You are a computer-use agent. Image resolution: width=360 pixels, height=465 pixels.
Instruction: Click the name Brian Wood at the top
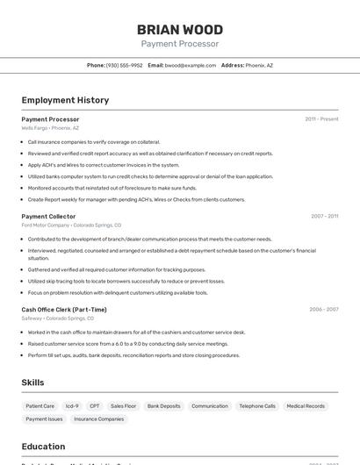pyautogui.click(x=180, y=30)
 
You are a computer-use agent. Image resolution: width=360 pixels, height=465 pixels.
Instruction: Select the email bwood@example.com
pyautogui.click(x=190, y=65)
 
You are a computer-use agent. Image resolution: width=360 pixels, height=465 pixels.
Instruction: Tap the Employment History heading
pyautogui.click(x=65, y=100)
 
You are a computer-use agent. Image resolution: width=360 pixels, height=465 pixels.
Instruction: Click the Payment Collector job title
pyautogui.click(x=48, y=216)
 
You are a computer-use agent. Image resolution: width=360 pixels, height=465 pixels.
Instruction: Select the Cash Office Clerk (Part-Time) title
pyautogui.click(x=64, y=309)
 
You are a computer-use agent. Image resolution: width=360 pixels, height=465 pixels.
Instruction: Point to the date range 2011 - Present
pyautogui.click(x=321, y=118)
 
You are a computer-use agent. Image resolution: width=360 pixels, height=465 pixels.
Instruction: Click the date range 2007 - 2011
pyautogui.click(x=324, y=216)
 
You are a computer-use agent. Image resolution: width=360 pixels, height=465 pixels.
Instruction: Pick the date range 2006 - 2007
pyautogui.click(x=323, y=309)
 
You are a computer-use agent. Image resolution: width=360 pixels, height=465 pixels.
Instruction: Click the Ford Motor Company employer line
pyautogui.click(x=71, y=225)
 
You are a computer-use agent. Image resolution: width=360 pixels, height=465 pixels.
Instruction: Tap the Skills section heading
pyautogui.click(x=32, y=383)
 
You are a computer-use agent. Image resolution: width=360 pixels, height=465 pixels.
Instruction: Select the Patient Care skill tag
pyautogui.click(x=40, y=406)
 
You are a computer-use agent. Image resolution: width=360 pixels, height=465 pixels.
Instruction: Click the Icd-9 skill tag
pyautogui.click(x=72, y=406)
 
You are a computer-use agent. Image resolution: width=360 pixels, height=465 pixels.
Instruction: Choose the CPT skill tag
pyautogui.click(x=95, y=406)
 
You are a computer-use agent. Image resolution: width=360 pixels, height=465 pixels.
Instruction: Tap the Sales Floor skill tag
pyautogui.click(x=124, y=406)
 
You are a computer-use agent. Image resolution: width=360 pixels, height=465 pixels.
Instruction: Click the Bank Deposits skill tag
pyautogui.click(x=164, y=406)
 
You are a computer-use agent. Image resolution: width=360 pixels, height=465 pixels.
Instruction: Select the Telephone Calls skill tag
pyautogui.click(x=257, y=406)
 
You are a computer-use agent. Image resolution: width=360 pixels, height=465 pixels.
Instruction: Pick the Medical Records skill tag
pyautogui.click(x=306, y=406)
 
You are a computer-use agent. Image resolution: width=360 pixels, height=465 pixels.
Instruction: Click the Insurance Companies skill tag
pyautogui.click(x=99, y=419)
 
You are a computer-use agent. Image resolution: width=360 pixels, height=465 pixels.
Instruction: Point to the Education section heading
pyautogui.click(x=43, y=447)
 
